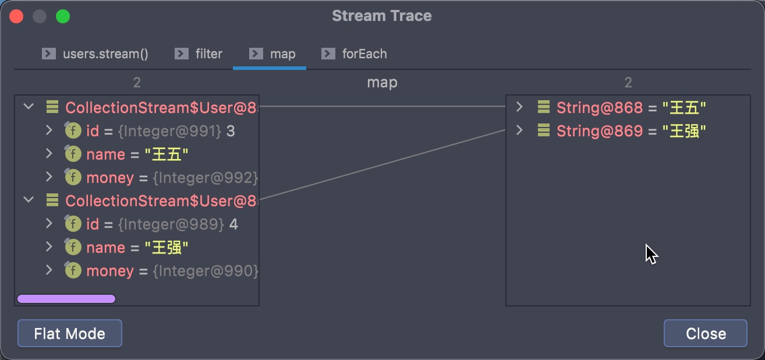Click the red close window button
pos(16,16)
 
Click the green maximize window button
pos(63,16)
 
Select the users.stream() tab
pos(95,54)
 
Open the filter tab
pos(199,54)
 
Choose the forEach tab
pos(354,54)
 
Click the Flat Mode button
pos(70,333)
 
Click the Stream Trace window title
pos(382,16)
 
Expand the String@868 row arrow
pos(519,107)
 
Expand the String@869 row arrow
pos(519,130)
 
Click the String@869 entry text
pos(631,131)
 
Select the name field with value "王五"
pos(137,154)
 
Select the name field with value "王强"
pos(137,248)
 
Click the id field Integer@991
pos(161,131)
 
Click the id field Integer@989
pos(162,224)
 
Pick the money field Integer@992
pos(172,178)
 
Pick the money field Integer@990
pos(172,271)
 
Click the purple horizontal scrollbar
pos(66,299)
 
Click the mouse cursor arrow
pos(651,254)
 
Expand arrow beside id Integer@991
pos(49,130)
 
